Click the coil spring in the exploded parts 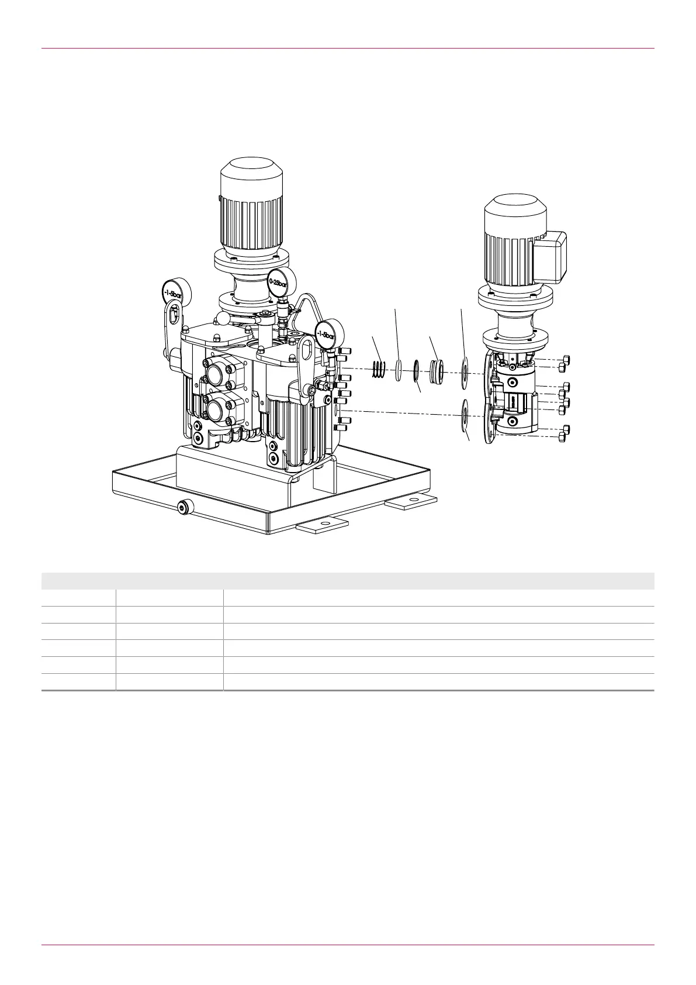click(x=379, y=368)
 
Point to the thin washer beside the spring click(x=399, y=370)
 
